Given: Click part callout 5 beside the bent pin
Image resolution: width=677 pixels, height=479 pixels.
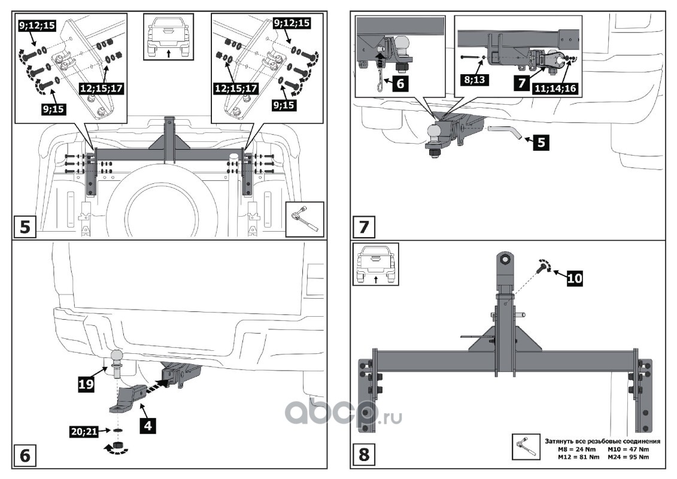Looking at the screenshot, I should click(541, 143).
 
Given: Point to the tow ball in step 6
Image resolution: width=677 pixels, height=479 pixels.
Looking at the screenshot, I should click(117, 357).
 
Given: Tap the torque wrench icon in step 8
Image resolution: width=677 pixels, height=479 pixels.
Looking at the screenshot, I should click(526, 445).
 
